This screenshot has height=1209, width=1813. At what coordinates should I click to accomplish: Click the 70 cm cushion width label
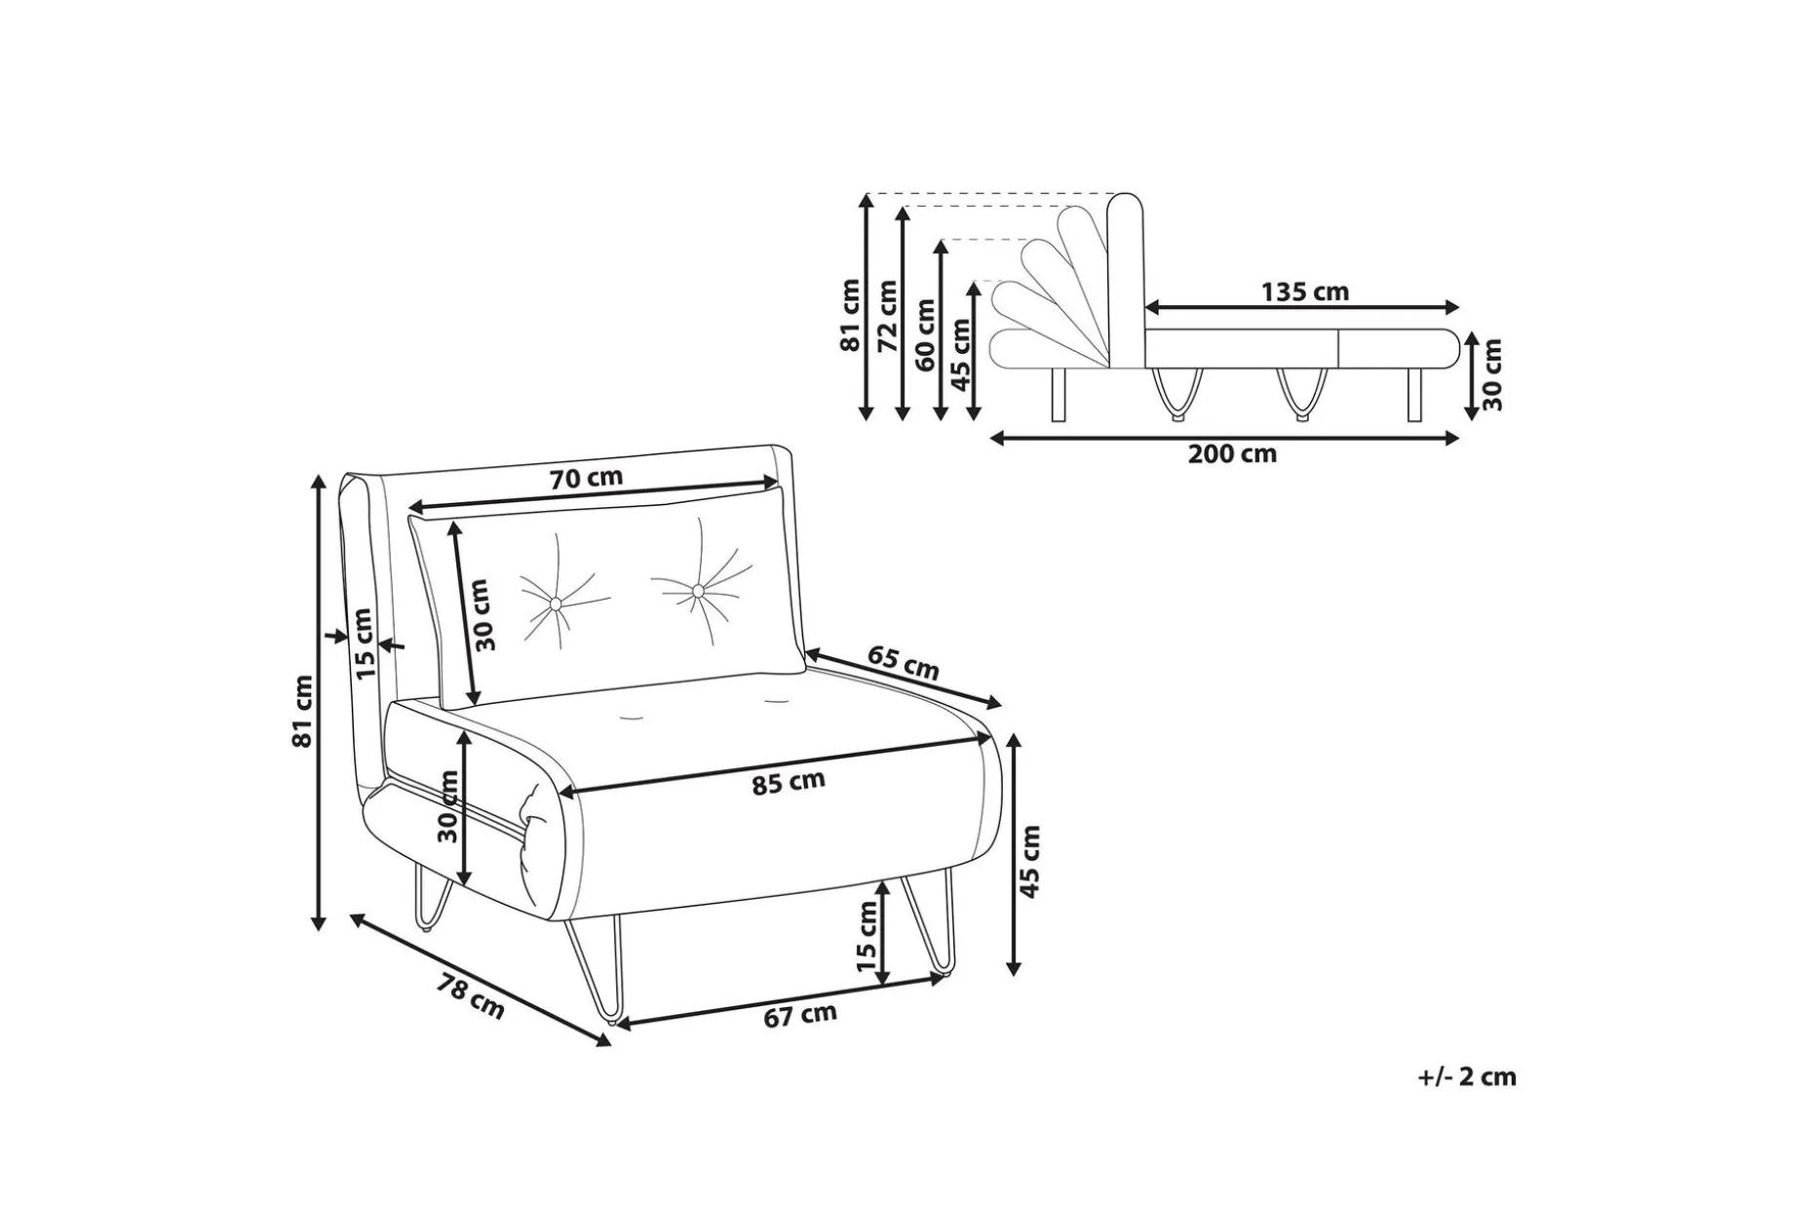(x=586, y=479)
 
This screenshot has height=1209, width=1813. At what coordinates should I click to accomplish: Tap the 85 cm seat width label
(x=789, y=782)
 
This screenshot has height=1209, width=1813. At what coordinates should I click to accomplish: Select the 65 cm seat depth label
(x=904, y=663)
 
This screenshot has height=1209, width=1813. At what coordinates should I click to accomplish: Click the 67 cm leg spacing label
(x=800, y=1015)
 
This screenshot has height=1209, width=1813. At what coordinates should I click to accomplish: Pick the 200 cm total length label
(x=1232, y=453)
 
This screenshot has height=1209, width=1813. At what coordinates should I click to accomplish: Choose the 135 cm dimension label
(x=1305, y=292)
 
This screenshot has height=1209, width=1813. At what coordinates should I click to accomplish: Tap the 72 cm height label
(x=887, y=316)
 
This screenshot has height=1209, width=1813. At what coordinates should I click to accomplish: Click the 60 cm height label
(x=926, y=333)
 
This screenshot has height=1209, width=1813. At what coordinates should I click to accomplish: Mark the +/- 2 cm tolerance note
(x=1468, y=1077)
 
